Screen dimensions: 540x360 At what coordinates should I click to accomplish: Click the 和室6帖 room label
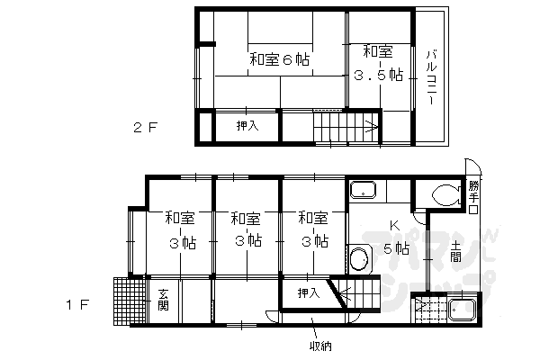279,59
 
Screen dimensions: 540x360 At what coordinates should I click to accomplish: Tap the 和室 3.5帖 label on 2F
379,63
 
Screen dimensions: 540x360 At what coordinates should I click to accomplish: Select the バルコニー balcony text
431,77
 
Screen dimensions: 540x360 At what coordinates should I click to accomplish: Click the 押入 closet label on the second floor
247,126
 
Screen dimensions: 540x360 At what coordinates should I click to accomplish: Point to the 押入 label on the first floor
309,293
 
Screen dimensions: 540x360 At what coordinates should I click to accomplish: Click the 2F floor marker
145,128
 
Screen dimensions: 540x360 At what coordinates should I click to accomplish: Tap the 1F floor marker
77,304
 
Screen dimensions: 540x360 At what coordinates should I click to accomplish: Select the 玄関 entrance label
163,300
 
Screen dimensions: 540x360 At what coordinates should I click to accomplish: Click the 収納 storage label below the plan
320,346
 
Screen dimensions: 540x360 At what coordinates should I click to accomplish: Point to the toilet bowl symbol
446,195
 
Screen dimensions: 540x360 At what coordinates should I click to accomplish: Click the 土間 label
455,251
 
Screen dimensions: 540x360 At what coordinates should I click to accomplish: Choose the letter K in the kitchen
394,226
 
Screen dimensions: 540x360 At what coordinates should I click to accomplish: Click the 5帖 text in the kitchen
396,248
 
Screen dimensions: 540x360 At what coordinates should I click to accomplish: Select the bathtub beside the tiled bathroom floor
462,310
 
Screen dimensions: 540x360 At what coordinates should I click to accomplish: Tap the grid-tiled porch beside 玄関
130,301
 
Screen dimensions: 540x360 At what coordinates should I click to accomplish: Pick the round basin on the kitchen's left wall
360,259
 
